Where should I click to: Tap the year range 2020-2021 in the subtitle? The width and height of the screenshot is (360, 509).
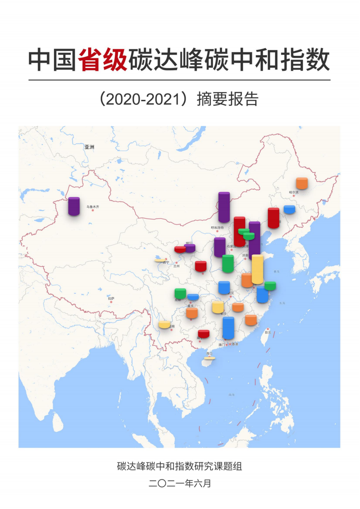(x=145, y=99)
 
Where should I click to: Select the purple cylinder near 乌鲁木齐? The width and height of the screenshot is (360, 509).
(x=74, y=206)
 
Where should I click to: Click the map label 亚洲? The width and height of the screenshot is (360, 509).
(x=89, y=147)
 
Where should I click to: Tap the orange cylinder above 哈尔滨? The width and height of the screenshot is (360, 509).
(x=302, y=183)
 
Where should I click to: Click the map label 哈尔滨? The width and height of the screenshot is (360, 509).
(x=294, y=192)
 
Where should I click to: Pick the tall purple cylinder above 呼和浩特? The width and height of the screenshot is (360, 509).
(x=224, y=207)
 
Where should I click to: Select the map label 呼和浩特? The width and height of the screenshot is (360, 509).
(x=217, y=228)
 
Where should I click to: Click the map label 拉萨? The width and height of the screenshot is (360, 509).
(x=111, y=298)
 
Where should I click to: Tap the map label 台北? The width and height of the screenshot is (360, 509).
(x=267, y=332)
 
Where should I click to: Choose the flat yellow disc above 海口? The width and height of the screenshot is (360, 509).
(x=209, y=358)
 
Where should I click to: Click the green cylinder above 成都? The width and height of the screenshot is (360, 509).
(x=180, y=294)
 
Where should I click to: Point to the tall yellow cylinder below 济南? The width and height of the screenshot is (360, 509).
(x=257, y=269)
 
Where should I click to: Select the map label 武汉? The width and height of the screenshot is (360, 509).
(x=231, y=293)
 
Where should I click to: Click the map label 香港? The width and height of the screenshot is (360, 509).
(x=235, y=344)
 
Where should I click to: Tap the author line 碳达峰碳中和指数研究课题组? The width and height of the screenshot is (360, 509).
(x=179, y=466)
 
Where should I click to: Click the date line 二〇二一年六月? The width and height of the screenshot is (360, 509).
(x=180, y=484)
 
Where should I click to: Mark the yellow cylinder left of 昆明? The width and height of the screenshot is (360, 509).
(x=164, y=324)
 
